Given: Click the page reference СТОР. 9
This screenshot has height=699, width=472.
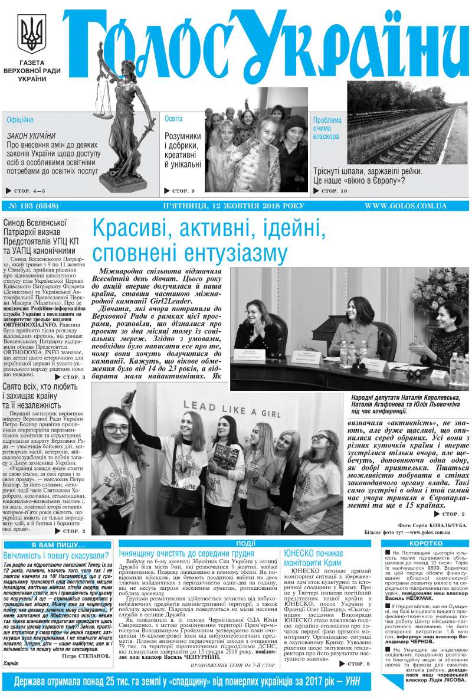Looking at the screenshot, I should tap(183, 191).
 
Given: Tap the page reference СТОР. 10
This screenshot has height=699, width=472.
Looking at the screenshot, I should tap(334, 191).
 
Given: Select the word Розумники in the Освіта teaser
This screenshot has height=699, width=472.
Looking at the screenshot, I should tap(182, 136).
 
